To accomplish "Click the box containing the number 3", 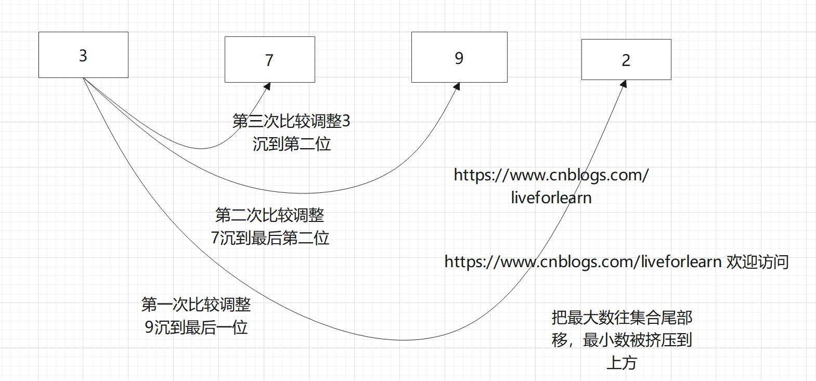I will (83, 55).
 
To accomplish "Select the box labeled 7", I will (269, 59).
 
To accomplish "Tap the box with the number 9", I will (459, 57).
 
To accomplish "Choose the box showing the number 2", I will (626, 59).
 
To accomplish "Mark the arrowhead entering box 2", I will (623, 84).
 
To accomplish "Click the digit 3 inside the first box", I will (83, 56).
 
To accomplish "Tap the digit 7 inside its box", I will (269, 60).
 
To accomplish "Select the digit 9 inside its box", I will (459, 58).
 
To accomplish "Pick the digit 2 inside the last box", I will (626, 60).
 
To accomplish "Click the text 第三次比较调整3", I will (291, 121).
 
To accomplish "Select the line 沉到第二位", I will (292, 143).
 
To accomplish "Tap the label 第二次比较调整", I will (269, 215).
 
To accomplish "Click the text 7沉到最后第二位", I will (270, 238).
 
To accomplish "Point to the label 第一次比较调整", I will (196, 304).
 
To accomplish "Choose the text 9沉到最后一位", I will (196, 327).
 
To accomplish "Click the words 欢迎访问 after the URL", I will (757, 261).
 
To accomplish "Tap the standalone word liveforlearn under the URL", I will (551, 198).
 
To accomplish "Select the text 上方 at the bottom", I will (621, 362).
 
